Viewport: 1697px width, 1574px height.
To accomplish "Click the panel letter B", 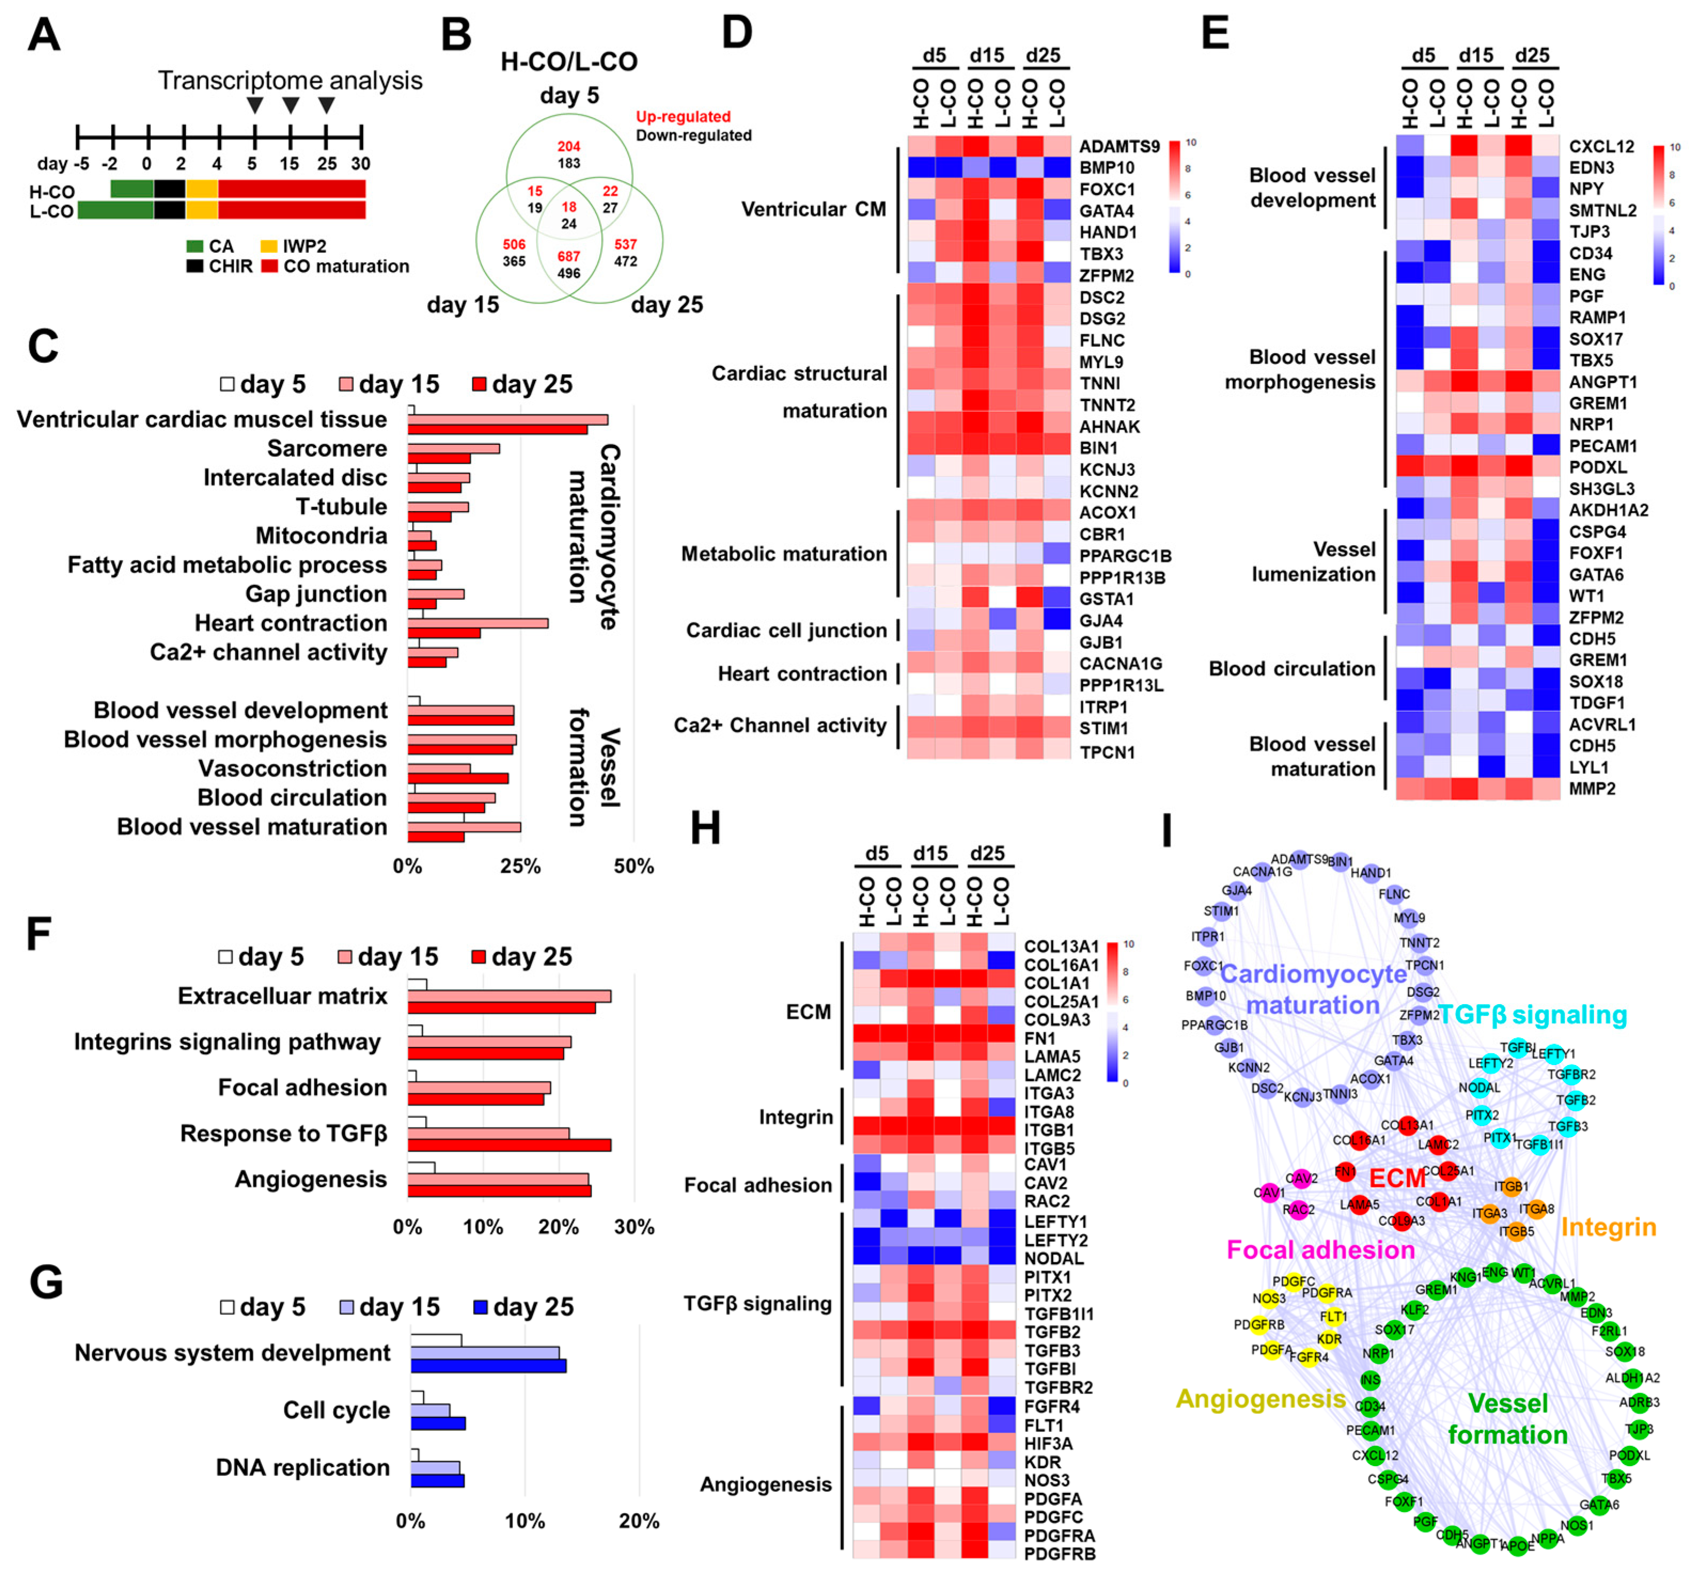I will tap(457, 36).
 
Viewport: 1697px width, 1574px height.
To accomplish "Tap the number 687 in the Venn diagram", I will tap(568, 256).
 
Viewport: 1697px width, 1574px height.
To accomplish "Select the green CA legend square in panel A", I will tap(195, 246).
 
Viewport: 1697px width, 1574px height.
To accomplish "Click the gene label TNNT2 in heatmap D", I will tap(1107, 404).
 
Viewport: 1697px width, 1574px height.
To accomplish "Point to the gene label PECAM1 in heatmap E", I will tap(1602, 445).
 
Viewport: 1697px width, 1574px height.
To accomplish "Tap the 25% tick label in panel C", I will tap(520, 866).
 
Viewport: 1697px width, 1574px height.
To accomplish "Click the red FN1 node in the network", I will tap(1345, 1172).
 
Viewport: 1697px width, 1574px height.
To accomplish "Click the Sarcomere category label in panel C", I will tap(327, 448).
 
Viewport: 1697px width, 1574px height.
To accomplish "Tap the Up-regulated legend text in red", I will tap(683, 116).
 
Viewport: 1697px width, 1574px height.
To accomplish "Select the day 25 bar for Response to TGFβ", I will tap(509, 1145).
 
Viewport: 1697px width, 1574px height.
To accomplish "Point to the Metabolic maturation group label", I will tap(783, 554).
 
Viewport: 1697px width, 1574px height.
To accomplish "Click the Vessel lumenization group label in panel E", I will tap(1313, 561).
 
